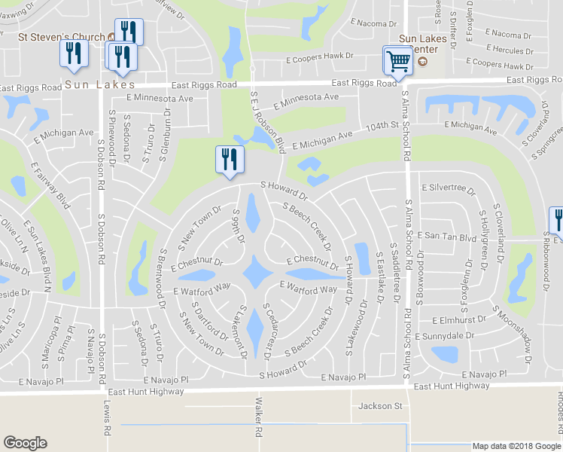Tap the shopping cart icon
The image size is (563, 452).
tap(397, 61)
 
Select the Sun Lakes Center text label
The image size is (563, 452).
tap(423, 46)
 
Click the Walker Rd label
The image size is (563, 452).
tap(258, 418)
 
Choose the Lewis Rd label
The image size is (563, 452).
tap(107, 418)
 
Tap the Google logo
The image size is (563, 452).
tap(26, 442)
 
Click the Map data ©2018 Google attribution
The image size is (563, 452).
tap(516, 446)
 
